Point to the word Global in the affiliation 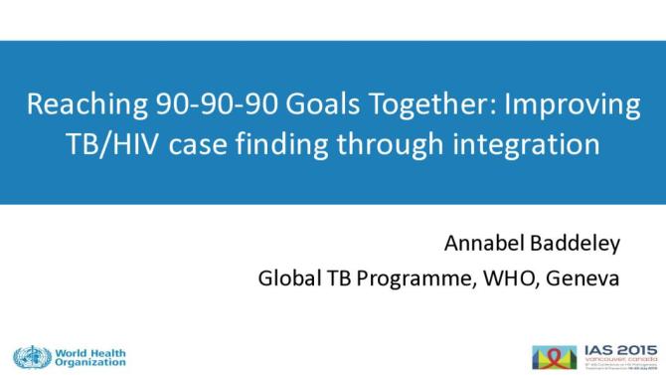click(286, 278)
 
